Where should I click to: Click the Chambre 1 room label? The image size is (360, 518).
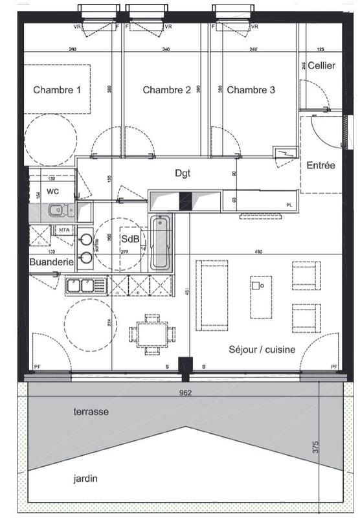(57, 90)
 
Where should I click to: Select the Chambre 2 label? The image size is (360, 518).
(166, 90)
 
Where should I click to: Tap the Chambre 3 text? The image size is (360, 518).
(251, 90)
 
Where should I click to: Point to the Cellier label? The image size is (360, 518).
(321, 65)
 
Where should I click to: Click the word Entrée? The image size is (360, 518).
(321, 165)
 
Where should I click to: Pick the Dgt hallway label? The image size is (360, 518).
(184, 173)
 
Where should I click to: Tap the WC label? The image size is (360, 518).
(52, 192)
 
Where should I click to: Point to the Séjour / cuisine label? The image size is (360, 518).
(262, 349)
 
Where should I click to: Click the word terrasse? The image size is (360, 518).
(91, 411)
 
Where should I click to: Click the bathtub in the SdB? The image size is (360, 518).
(161, 243)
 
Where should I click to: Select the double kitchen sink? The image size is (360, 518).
(81, 284)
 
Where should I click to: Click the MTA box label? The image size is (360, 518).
(63, 229)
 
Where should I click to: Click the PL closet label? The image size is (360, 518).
(289, 205)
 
